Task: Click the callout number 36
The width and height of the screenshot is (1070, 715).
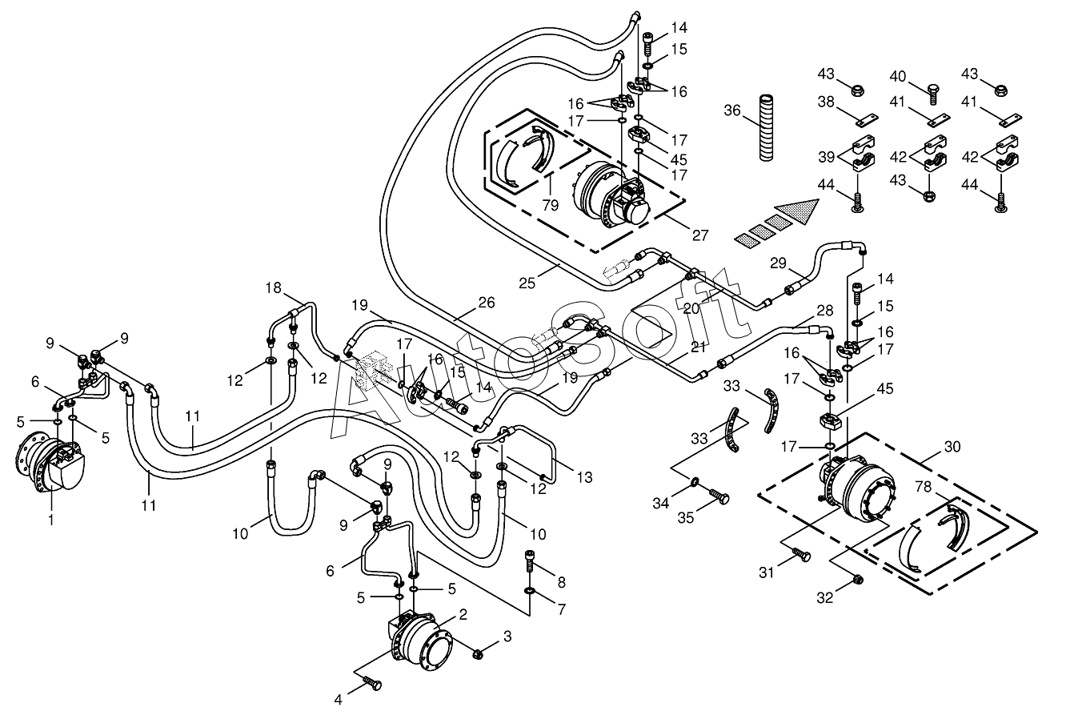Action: tap(732, 110)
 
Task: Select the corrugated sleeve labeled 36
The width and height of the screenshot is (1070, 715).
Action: tap(766, 128)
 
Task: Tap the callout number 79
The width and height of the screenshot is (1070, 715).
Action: tap(551, 205)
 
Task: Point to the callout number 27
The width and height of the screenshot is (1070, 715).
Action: tap(699, 235)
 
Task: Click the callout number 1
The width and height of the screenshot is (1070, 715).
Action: tap(51, 520)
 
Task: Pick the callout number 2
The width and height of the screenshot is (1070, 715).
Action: tap(463, 614)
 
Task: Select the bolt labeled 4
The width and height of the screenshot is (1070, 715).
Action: tap(371, 682)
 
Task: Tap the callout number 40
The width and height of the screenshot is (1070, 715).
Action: tap(898, 76)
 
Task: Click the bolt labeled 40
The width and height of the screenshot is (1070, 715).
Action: tap(932, 94)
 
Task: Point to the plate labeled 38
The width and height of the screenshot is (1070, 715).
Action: tap(867, 120)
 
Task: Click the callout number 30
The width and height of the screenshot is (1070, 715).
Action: tap(952, 447)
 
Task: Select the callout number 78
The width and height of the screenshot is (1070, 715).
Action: tap(924, 487)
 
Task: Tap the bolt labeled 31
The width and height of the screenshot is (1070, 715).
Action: tap(802, 554)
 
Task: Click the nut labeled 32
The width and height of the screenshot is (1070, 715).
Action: tap(857, 580)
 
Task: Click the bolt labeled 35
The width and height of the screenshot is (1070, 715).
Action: tap(719, 496)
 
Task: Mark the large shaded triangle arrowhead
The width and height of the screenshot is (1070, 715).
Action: tap(799, 211)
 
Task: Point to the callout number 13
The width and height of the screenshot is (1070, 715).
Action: tap(584, 476)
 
